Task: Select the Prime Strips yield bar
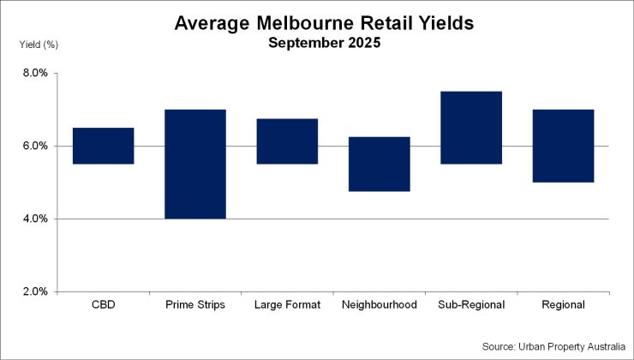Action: pyautogui.click(x=195, y=164)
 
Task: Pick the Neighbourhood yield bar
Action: pyautogui.click(x=380, y=164)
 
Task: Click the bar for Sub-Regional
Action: pyautogui.click(x=471, y=127)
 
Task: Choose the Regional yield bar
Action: pyautogui.click(x=563, y=146)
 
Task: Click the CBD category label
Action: pyautogui.click(x=103, y=304)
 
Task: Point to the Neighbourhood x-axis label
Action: pyautogui.click(x=380, y=304)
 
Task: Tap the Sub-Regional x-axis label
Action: pyautogui.click(x=471, y=304)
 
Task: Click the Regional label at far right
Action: pyautogui.click(x=563, y=304)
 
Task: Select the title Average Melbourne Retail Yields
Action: pyautogui.click(x=324, y=23)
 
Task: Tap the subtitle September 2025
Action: pyautogui.click(x=324, y=42)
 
